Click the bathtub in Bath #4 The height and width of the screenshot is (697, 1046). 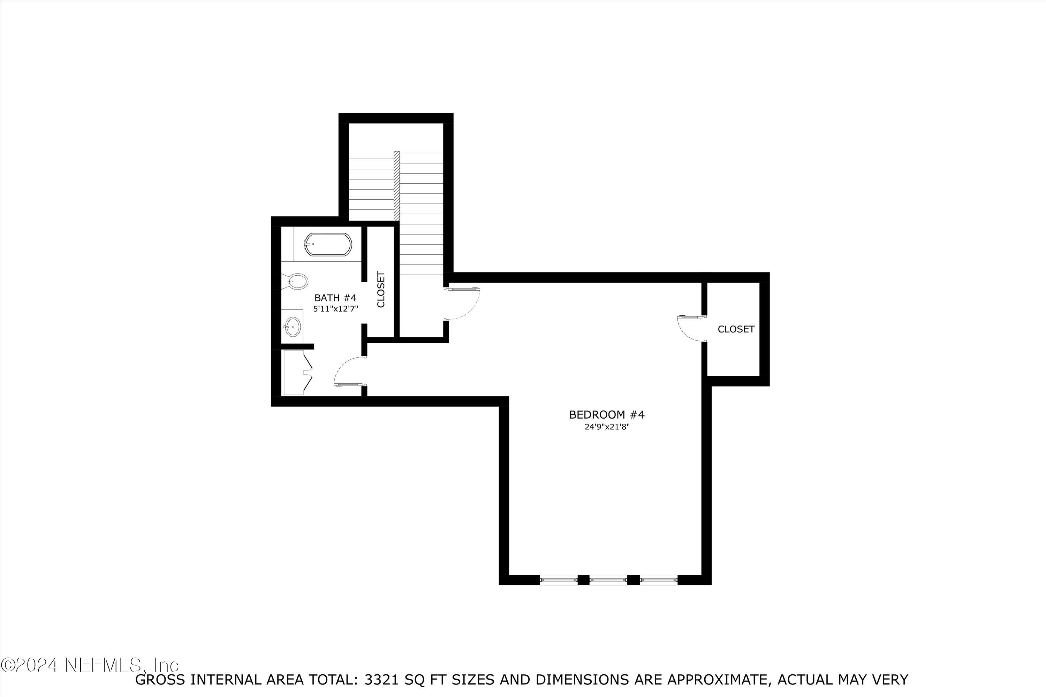328,245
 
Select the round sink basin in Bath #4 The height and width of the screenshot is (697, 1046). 293,327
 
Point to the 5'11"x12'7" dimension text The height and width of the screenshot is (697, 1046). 336,309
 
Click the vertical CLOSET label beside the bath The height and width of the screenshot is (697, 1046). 381,289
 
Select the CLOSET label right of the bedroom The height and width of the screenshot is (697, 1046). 736,329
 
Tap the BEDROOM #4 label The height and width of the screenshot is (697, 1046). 607,415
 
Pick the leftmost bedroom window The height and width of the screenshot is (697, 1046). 558,580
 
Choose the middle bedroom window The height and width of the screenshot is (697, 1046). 608,580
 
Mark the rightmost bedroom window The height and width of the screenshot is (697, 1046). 658,580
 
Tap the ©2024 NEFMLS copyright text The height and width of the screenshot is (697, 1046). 90,665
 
